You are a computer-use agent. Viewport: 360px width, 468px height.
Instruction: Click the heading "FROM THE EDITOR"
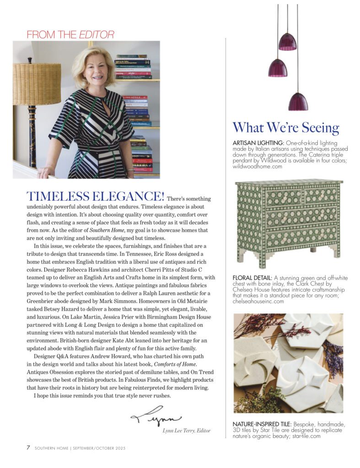click(70, 34)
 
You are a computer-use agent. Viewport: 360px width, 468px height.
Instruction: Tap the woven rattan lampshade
click(37, 84)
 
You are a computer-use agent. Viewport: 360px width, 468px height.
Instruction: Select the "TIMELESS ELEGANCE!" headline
click(96, 197)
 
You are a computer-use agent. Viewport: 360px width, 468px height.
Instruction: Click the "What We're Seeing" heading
click(285, 128)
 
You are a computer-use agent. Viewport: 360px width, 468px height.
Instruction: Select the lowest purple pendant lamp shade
click(298, 101)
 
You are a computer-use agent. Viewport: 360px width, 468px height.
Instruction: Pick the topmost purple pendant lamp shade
click(288, 42)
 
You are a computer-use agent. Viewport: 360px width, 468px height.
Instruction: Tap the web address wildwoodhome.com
click(258, 167)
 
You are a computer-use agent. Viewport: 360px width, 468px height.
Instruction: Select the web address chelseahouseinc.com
click(258, 301)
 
